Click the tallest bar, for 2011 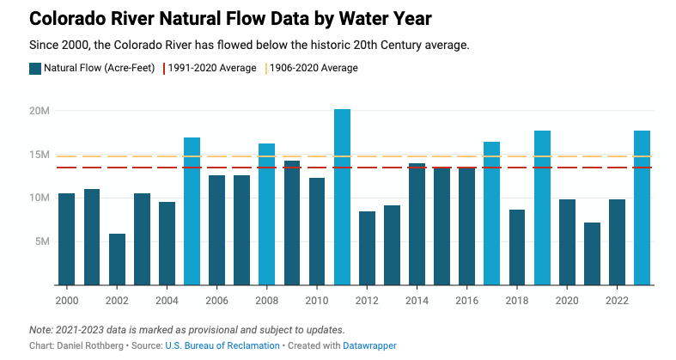[342, 197]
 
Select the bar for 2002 [117, 259]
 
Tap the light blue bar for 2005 [192, 211]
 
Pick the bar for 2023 [642, 207]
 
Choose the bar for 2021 [592, 253]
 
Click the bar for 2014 [417, 223]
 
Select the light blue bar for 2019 [542, 207]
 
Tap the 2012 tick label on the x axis [367, 300]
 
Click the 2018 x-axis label [517, 300]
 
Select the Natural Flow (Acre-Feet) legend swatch [34, 68]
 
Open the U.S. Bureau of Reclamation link [232, 345]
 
